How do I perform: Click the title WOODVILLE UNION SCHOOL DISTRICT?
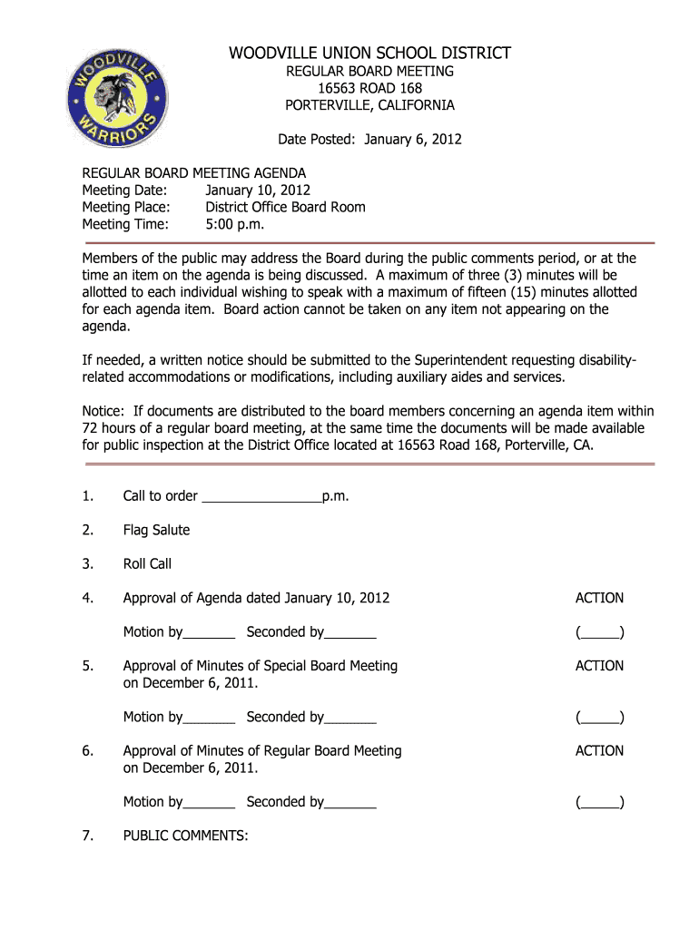pos(369,54)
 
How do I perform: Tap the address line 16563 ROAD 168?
pos(369,88)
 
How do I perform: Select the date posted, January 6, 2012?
pos(413,139)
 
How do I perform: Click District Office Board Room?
pos(285,207)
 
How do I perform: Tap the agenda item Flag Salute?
pos(156,530)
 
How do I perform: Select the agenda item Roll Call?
pos(147,563)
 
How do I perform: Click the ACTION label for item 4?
pos(599,598)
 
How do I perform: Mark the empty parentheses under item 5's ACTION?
pos(599,718)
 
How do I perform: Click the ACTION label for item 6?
pos(599,750)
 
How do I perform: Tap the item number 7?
pos(87,836)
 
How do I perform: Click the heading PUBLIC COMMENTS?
pos(185,836)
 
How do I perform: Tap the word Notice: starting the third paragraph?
pos(104,411)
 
